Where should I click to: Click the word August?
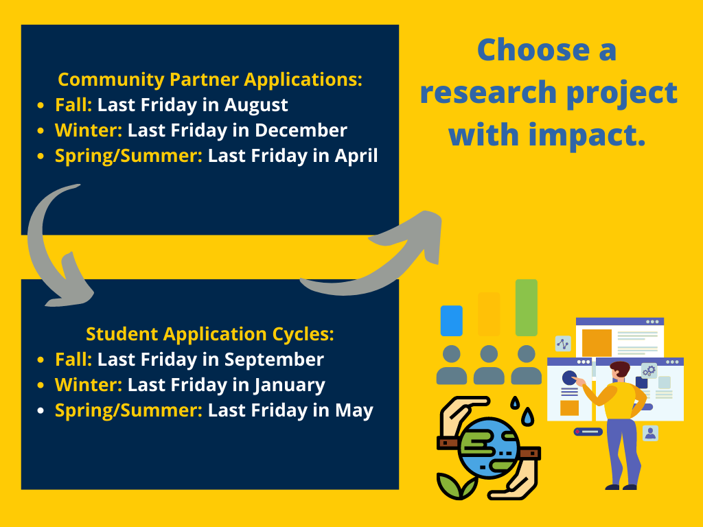(255, 106)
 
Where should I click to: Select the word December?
(301, 130)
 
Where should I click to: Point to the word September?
(274, 360)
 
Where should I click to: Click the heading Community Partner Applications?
(210, 80)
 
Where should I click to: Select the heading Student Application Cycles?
(210, 334)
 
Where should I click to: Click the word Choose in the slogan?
(533, 49)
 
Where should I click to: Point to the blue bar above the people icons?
(452, 321)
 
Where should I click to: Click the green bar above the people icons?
(527, 308)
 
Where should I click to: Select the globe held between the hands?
(489, 448)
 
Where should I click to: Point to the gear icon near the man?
(649, 371)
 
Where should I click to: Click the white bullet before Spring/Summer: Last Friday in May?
(41, 410)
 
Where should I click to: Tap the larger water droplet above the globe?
(529, 417)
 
